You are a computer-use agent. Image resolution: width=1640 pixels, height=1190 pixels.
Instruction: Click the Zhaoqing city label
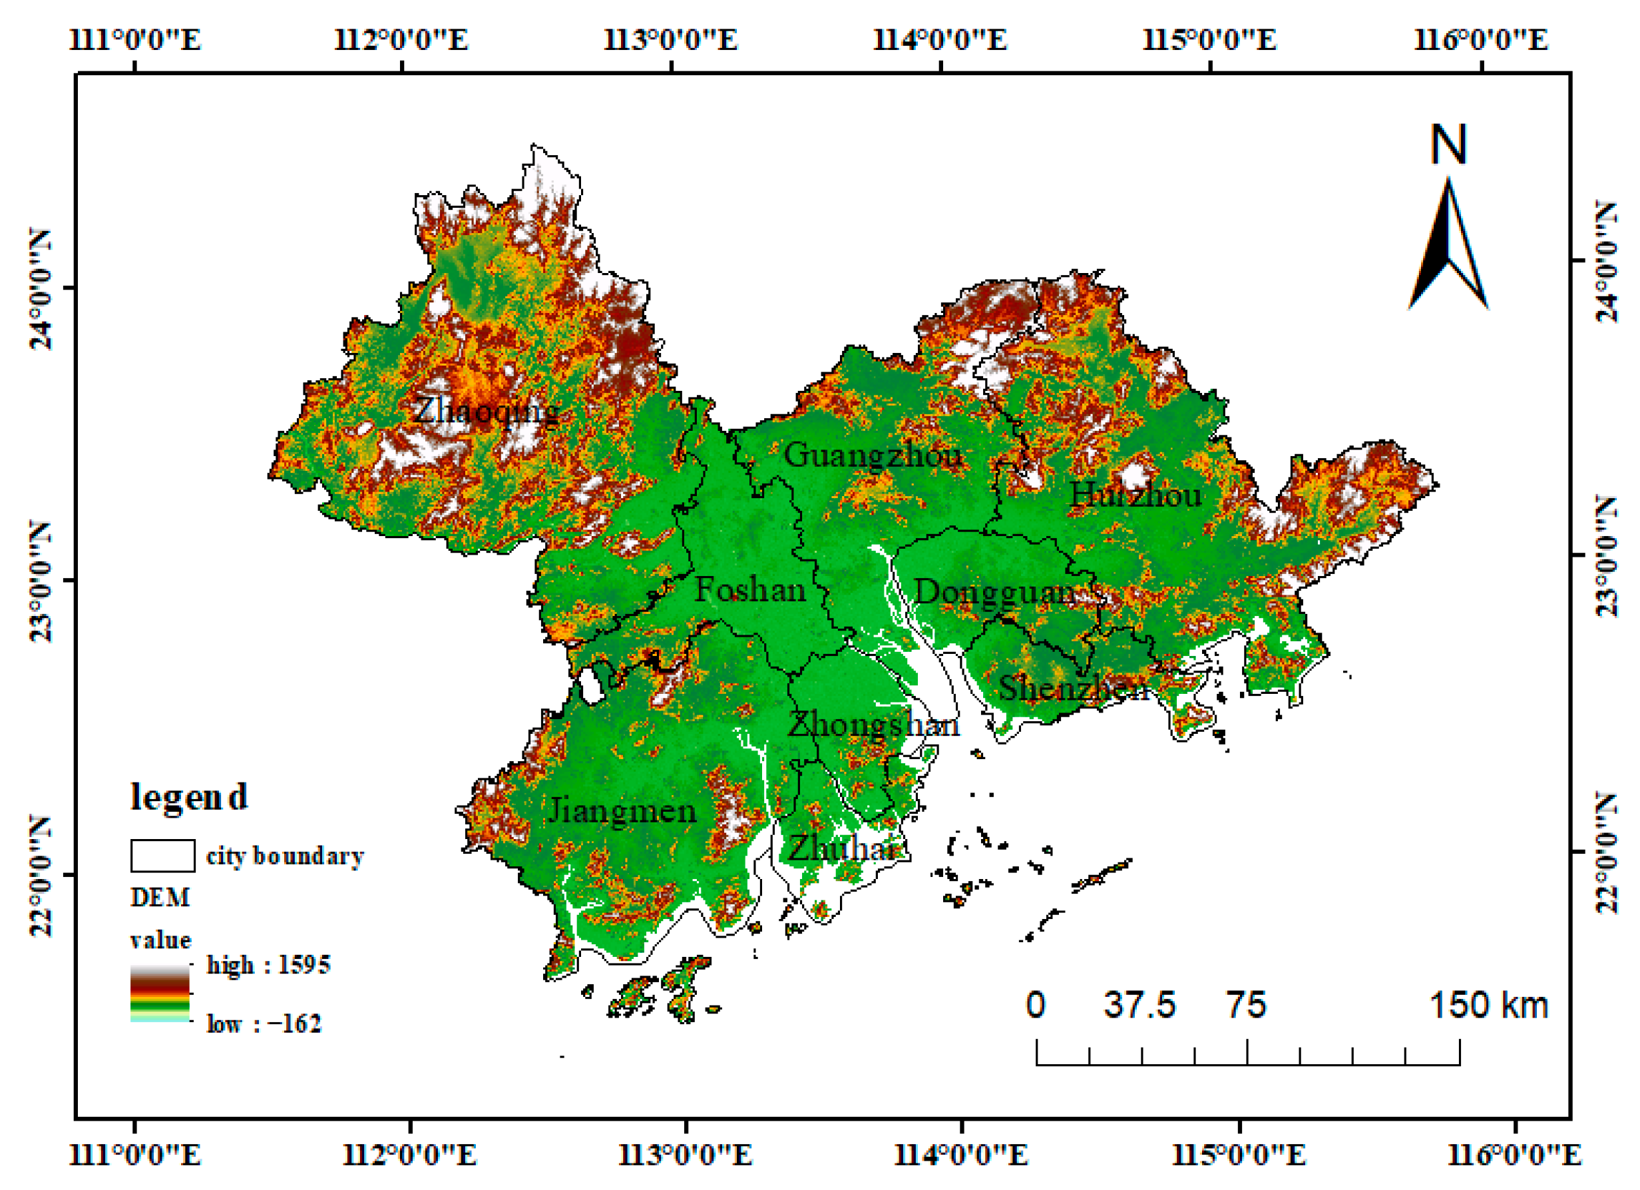tap(486, 412)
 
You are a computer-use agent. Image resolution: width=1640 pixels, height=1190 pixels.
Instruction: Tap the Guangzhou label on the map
tap(873, 455)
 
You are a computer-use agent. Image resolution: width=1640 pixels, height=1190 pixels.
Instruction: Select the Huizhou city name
tap(1135, 495)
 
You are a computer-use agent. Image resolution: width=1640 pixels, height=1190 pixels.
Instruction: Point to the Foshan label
tap(750, 590)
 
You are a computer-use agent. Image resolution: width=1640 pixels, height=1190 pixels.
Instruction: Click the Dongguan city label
tap(995, 593)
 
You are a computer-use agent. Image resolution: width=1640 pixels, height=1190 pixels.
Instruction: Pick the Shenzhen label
tap(1073, 688)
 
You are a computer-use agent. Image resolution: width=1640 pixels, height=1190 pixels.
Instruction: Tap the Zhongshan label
tap(873, 725)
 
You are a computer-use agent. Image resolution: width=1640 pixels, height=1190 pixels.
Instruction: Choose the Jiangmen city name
tap(622, 811)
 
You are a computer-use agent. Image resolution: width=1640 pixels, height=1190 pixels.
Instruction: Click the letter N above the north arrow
tap(1448, 145)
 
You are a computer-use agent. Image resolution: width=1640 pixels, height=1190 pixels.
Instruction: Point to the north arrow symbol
tap(1448, 246)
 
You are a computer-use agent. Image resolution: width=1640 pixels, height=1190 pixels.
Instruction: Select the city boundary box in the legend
tap(162, 856)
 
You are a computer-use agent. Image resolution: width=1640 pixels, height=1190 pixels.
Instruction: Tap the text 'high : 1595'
tap(268, 965)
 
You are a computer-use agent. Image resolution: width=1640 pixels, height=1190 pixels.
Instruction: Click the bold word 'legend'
tap(189, 796)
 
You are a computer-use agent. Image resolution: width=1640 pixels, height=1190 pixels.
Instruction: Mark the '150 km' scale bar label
tap(1488, 1006)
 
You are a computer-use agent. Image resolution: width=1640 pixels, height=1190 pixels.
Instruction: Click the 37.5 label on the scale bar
tap(1139, 1006)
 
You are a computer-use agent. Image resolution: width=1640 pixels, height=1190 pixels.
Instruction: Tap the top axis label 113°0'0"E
tap(670, 39)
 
